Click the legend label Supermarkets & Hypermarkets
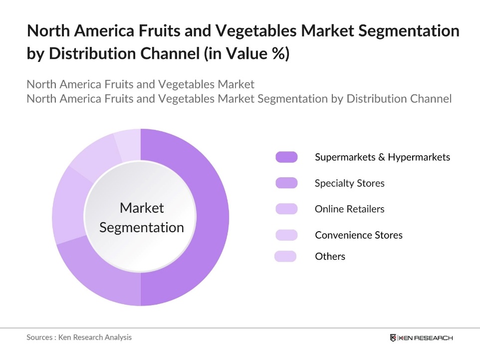point(382,157)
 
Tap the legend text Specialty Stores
point(349,183)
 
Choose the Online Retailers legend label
point(349,209)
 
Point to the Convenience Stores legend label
point(358,235)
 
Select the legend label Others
point(330,257)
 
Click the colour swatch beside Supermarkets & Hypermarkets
point(286,157)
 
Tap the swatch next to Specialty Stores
point(286,183)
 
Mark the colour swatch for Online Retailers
point(286,209)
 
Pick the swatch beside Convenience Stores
point(286,235)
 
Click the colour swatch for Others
point(285,257)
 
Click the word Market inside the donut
point(142,208)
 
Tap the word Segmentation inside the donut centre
point(142,228)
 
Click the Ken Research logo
point(421,338)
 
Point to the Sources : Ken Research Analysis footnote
point(79,338)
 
